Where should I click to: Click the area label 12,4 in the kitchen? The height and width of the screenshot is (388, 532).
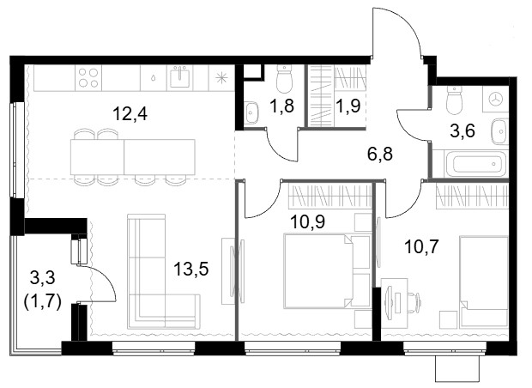click(x=130, y=113)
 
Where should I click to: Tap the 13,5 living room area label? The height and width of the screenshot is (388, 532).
click(x=191, y=269)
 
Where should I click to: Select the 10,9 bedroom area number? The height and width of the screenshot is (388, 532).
click(x=308, y=221)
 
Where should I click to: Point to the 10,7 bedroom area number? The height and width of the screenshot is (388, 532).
click(x=421, y=246)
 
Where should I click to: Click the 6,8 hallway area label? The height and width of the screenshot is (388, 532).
click(x=379, y=154)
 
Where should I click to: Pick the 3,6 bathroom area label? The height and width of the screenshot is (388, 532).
click(x=462, y=130)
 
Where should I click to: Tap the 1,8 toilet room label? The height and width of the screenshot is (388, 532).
click(x=281, y=106)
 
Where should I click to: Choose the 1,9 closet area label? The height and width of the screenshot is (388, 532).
click(x=348, y=106)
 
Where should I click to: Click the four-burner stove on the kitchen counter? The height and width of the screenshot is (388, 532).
click(x=88, y=78)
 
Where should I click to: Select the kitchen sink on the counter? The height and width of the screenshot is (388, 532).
click(x=180, y=77)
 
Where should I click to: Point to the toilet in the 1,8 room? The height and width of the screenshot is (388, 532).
click(x=284, y=79)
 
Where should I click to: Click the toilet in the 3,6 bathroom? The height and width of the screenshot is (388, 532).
click(x=455, y=100)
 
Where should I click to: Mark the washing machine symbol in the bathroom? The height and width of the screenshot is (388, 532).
click(x=496, y=99)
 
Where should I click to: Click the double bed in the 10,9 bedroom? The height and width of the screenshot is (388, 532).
click(x=317, y=270)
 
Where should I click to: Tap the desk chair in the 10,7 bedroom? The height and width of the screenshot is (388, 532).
click(x=414, y=300)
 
